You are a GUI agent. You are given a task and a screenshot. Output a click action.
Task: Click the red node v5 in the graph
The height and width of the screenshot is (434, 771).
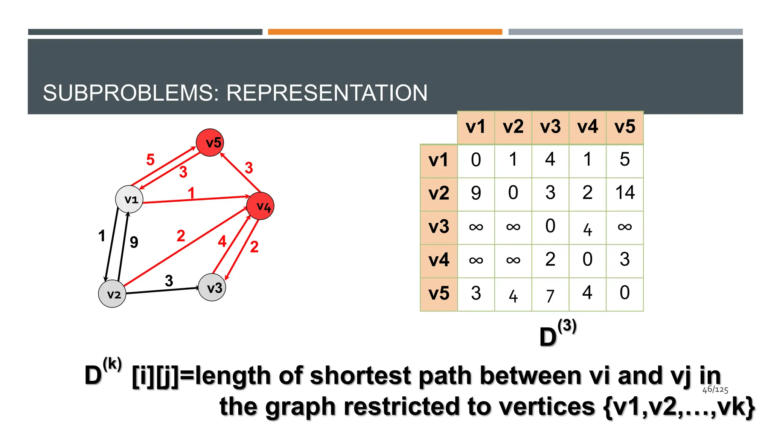(210, 142)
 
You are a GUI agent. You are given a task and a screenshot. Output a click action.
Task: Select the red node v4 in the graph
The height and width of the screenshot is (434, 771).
(260, 206)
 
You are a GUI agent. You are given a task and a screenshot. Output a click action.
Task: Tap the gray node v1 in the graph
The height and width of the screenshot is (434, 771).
(129, 199)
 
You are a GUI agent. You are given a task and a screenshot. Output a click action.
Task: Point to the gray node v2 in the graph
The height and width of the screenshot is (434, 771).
(112, 294)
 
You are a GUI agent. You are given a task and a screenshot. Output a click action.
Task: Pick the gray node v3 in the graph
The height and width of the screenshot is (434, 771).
(212, 287)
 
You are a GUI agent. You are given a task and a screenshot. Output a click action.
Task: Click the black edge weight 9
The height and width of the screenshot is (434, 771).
(134, 242)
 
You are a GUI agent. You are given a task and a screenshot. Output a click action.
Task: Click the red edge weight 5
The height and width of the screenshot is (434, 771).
(150, 160)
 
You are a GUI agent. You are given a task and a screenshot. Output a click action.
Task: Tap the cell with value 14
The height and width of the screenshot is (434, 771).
(625, 193)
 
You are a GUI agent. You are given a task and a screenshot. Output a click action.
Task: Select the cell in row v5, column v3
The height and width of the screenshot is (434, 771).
(550, 295)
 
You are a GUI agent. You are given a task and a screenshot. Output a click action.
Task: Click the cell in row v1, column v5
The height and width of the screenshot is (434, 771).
(625, 160)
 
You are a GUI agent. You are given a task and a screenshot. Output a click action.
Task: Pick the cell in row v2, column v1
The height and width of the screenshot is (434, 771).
(476, 193)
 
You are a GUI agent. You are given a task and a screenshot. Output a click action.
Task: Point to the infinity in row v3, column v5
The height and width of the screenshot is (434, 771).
(625, 227)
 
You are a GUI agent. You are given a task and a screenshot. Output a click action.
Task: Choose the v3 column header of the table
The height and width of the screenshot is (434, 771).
(550, 127)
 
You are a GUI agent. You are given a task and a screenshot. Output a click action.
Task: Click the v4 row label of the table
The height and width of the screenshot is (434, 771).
(439, 260)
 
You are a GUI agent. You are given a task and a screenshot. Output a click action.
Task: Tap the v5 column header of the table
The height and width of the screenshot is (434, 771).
(625, 127)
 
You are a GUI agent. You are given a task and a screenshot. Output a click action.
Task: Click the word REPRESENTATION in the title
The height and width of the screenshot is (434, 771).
(327, 93)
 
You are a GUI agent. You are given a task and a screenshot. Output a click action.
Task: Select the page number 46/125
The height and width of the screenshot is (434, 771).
(715, 390)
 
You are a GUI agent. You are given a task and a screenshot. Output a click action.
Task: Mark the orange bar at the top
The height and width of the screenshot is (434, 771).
(385, 32)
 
